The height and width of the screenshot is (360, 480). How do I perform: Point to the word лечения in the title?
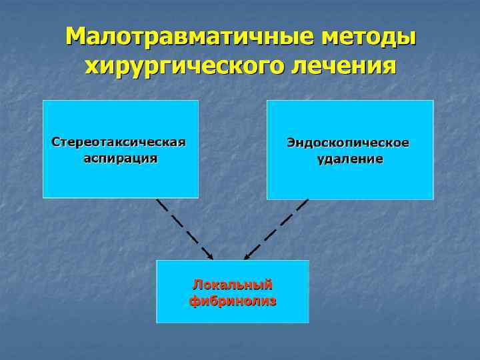[x=345, y=67]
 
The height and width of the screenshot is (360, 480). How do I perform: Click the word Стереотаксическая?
[x=119, y=143]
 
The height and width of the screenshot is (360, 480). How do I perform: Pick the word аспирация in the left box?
[x=120, y=159]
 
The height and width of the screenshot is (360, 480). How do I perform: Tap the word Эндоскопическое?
[x=348, y=143]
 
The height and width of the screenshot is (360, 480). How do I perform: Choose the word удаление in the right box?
[x=350, y=159]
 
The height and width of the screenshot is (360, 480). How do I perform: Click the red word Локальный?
[x=233, y=285]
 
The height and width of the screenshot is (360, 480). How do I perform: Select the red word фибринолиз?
[x=233, y=301]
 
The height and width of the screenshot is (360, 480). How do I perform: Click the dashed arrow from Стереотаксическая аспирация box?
[x=183, y=227]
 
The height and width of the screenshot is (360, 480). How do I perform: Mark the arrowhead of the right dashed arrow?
[x=247, y=257]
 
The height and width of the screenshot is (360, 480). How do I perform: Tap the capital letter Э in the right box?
[x=291, y=143]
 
